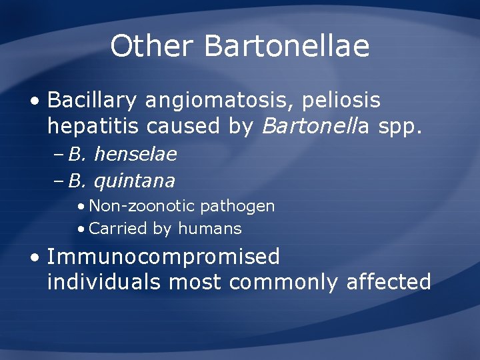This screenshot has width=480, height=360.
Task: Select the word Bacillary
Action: (x=92, y=101)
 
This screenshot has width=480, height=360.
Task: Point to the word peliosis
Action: (x=342, y=101)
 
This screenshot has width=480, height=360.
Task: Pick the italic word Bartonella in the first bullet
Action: (x=312, y=127)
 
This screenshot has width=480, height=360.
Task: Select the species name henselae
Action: (x=135, y=155)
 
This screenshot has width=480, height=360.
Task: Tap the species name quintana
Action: (x=135, y=181)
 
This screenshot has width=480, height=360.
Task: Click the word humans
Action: (x=209, y=229)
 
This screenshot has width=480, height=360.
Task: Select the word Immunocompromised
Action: (x=163, y=257)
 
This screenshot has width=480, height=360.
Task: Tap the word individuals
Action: (x=104, y=282)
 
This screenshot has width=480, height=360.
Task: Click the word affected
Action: (x=389, y=282)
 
